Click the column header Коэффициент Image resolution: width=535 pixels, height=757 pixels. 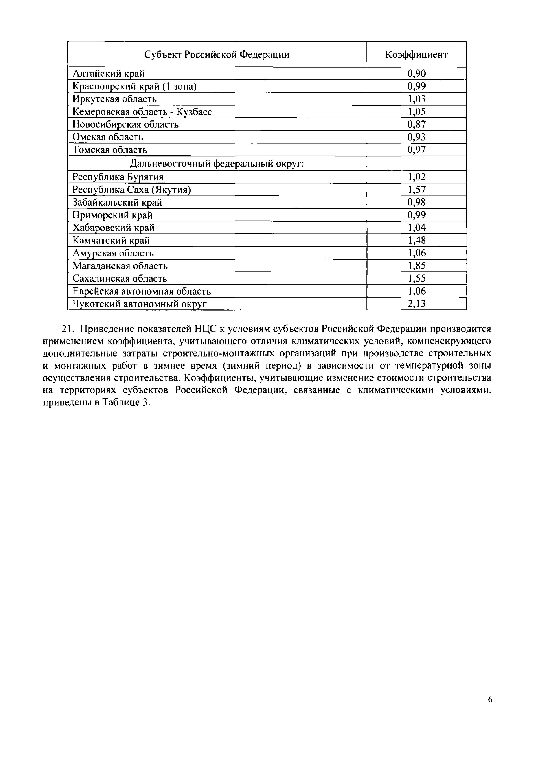coord(416,55)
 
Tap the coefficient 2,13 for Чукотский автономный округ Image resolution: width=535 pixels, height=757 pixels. coord(416,304)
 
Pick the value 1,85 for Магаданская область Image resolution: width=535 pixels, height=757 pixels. coord(416,266)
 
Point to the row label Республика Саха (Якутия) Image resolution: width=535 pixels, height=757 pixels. coord(131,190)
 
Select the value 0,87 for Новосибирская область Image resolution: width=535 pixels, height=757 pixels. coord(416,124)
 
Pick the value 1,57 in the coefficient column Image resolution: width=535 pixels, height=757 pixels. coord(416,190)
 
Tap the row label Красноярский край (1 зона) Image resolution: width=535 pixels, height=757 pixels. coord(134,86)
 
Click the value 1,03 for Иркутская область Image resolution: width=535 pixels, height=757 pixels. coord(416,99)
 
